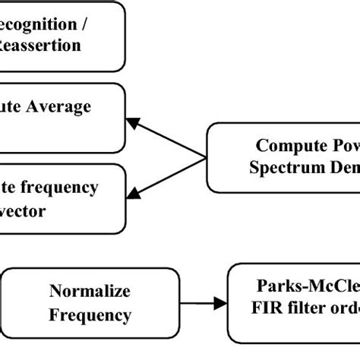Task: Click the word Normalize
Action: (x=90, y=291)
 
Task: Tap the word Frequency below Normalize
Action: (x=90, y=314)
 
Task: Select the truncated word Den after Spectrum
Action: (x=339, y=168)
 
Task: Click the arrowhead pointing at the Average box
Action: (x=134, y=121)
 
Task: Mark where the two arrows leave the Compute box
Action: (x=206, y=157)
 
